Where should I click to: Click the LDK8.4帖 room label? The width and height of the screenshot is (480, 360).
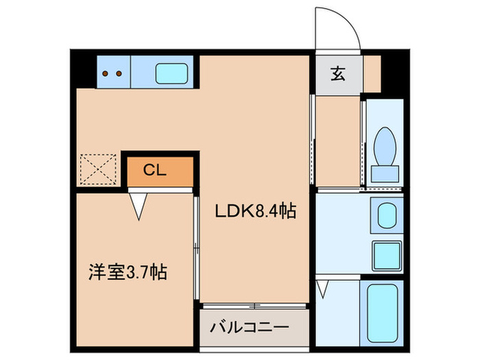255,213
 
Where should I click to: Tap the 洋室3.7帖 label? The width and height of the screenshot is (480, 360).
127,272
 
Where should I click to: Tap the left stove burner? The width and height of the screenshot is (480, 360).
106,72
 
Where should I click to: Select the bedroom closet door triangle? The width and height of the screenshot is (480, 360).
139,206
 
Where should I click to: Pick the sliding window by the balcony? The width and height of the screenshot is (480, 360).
254,304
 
